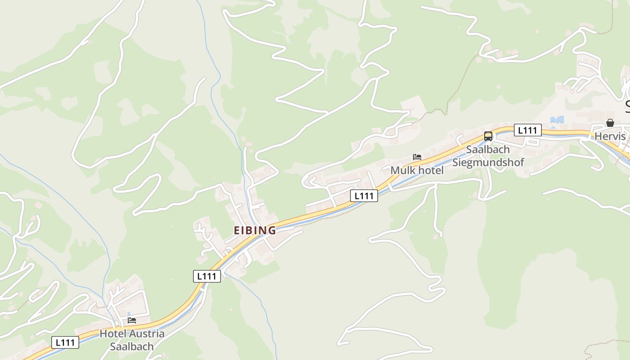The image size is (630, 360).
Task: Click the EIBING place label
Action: pyautogui.click(x=255, y=230)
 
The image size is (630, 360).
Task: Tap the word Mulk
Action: pyautogui.click(x=403, y=171)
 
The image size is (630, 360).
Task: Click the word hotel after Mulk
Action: pyautogui.click(x=431, y=171)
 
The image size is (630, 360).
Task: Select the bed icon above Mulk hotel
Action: pyautogui.click(x=417, y=157)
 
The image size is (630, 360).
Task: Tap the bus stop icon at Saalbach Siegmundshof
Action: pyautogui.click(x=488, y=136)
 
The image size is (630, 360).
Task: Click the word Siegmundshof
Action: pyautogui.click(x=488, y=162)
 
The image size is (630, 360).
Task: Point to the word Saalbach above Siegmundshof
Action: pyautogui.click(x=488, y=149)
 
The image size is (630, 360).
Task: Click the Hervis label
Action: pyautogui.click(x=610, y=136)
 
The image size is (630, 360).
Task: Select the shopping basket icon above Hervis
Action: pyautogui.click(x=610, y=123)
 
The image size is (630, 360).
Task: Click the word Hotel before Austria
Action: pyautogui.click(x=113, y=334)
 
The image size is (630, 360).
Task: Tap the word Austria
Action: pyautogui.click(x=147, y=334)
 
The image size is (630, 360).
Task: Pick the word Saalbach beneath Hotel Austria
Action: pyautogui.click(x=132, y=347)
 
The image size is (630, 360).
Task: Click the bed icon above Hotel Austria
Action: pyautogui.click(x=132, y=320)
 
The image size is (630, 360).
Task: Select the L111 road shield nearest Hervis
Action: pyautogui.click(x=527, y=130)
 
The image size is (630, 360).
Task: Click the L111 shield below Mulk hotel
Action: pyautogui.click(x=364, y=196)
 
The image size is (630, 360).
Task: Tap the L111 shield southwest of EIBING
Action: pyautogui.click(x=207, y=276)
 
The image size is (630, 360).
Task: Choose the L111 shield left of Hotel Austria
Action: pyautogui.click(x=65, y=342)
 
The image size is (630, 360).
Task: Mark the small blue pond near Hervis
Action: pyautogui.click(x=557, y=120)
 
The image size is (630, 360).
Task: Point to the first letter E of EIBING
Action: pyautogui.click(x=237, y=230)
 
